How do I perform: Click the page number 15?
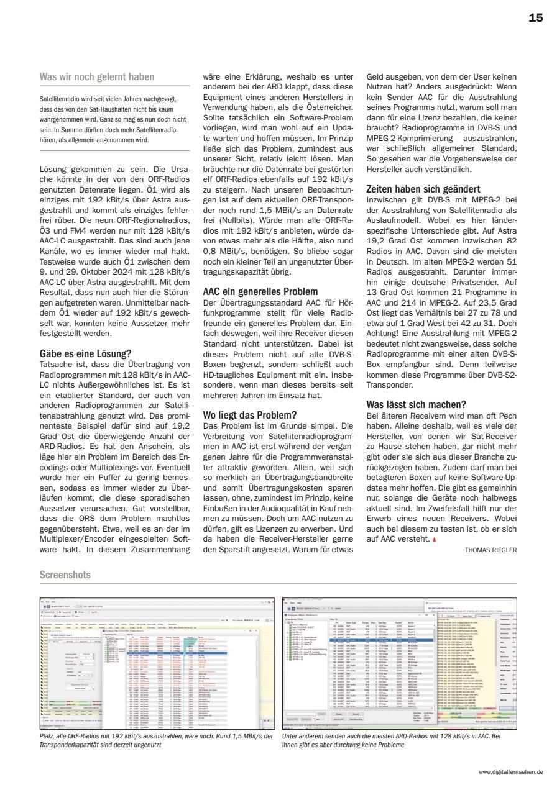point(535,18)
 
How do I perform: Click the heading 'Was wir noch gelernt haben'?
point(97,77)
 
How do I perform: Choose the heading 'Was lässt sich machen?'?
point(413,404)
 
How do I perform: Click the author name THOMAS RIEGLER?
point(490,549)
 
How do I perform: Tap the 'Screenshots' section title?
point(65,575)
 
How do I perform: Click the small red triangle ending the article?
point(435,538)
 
